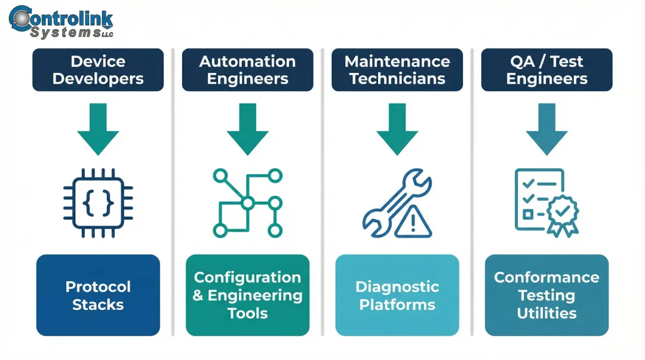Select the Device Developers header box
coord(98,70)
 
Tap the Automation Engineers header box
coord(247,70)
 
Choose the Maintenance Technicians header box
coord(397,70)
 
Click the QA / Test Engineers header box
coord(546,70)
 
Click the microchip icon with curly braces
coord(98,203)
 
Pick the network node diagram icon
coord(247,203)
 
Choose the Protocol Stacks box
coord(98,295)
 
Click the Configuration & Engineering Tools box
coord(247,295)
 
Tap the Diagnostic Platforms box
coord(397,295)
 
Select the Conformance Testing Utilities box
coord(546,295)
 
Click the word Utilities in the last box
coord(546,313)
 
